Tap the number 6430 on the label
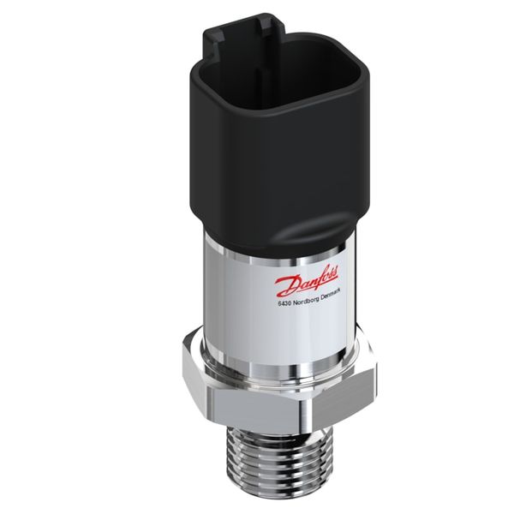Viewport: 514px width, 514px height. pyautogui.click(x=285, y=303)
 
